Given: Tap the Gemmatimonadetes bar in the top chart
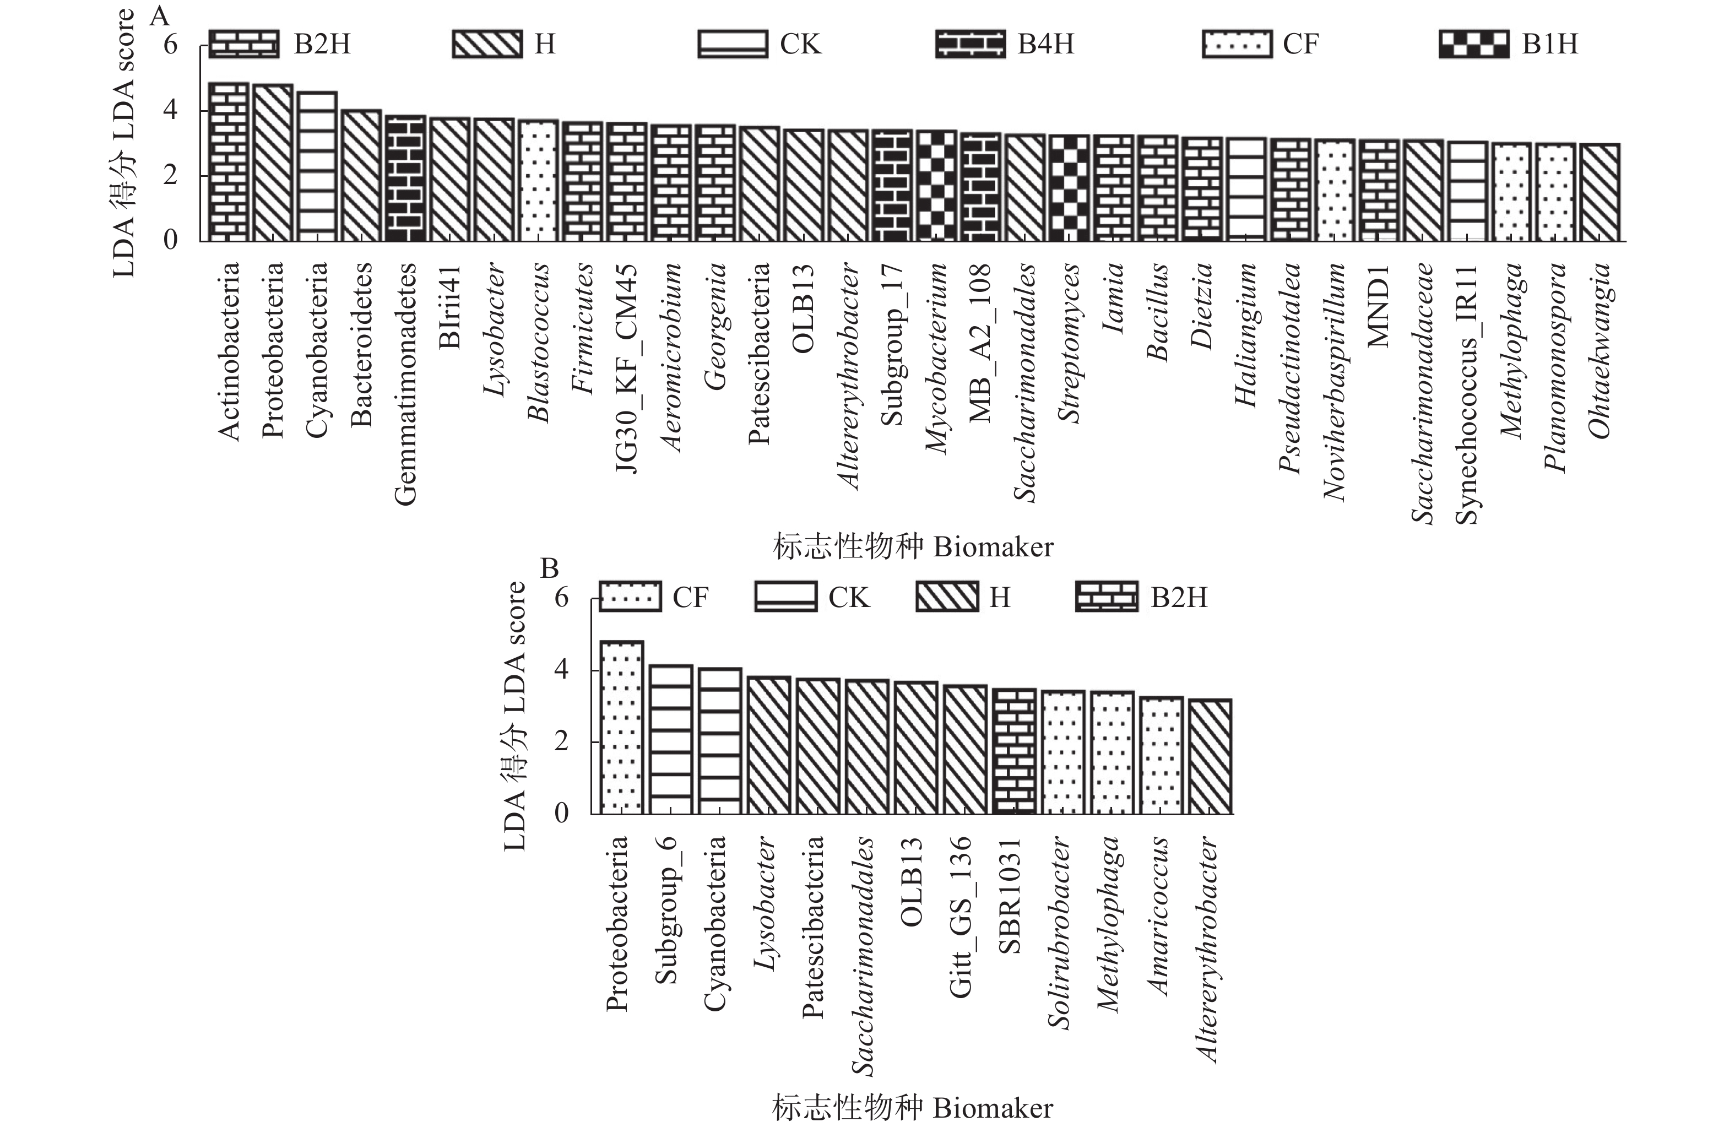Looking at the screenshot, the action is (x=405, y=178).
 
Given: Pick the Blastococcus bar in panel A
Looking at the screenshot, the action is (x=538, y=181).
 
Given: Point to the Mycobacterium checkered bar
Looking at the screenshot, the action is (x=936, y=186).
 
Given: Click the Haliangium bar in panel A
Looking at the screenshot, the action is (x=1246, y=189).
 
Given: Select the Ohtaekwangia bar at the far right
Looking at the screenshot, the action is (x=1600, y=192).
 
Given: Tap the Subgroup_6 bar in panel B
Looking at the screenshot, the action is (x=671, y=739).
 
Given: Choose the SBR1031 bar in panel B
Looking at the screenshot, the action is (x=1014, y=751).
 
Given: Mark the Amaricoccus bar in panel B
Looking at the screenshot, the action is (x=1161, y=755).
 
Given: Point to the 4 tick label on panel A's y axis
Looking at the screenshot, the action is (x=170, y=110).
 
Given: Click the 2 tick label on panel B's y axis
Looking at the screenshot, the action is (x=561, y=741).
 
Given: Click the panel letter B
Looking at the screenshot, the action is (x=549, y=568).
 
